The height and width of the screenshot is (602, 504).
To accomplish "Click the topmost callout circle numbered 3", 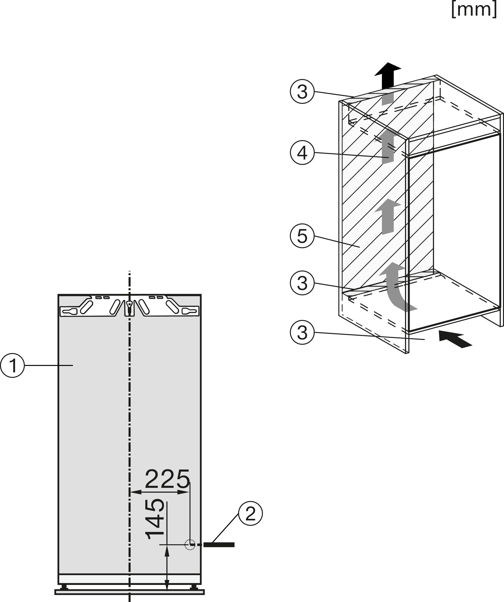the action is pos(302,92).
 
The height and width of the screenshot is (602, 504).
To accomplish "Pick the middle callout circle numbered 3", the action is pos(302,283).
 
